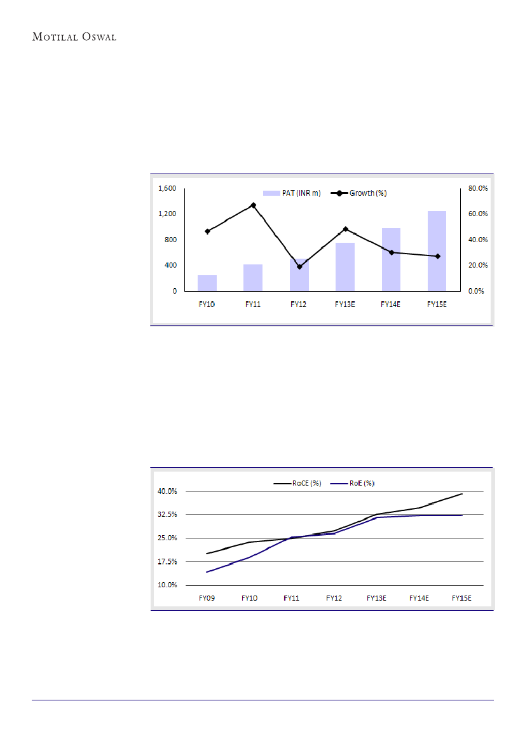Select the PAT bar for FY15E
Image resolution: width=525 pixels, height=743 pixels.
[437, 250]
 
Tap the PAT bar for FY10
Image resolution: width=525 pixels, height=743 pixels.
[207, 283]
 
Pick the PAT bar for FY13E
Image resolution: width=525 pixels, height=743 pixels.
[345, 266]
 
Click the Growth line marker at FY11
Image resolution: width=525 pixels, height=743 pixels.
[253, 205]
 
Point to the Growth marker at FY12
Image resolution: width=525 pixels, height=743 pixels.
[299, 267]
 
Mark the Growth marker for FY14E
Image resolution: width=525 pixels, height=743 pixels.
[392, 252]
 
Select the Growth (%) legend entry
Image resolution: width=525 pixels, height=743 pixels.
[359, 193]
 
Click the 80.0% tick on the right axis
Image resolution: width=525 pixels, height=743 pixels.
[478, 188]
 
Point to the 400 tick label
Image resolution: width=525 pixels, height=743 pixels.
[171, 265]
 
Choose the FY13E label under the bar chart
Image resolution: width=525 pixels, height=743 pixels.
[345, 304]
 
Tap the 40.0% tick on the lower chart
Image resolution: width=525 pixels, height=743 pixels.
[168, 491]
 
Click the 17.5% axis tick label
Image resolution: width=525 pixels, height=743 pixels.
[168, 562]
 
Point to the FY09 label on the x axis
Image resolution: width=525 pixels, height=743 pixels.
[207, 598]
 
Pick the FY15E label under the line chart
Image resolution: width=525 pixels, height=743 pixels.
[461, 598]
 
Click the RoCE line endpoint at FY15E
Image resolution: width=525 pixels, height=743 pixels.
[462, 494]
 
